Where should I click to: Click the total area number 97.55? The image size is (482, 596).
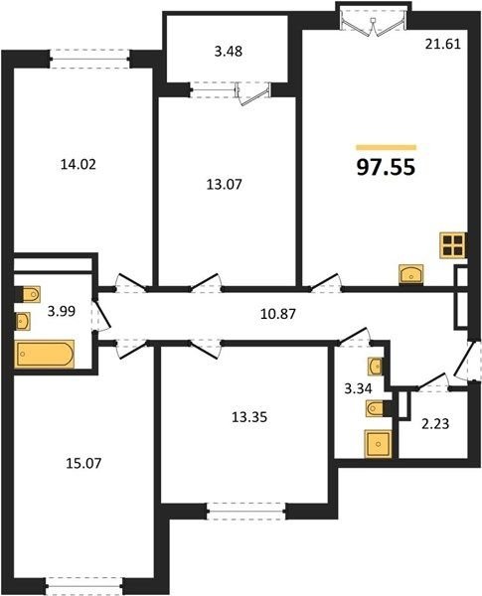click(x=386, y=168)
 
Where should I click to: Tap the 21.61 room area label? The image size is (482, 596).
click(x=443, y=45)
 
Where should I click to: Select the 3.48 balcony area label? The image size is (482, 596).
click(x=229, y=52)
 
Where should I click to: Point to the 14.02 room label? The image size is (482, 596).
click(x=79, y=165)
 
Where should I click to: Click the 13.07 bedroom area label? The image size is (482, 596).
click(x=225, y=185)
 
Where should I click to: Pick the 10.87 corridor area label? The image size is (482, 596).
click(x=278, y=314)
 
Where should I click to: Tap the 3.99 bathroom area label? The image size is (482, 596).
click(x=62, y=311)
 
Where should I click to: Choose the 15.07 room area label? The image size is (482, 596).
click(x=83, y=463)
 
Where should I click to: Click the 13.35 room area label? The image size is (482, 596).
click(x=249, y=417)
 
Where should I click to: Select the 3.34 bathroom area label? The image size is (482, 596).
click(x=358, y=389)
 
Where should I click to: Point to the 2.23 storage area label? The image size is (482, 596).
click(x=435, y=423)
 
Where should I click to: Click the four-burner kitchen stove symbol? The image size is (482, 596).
click(x=453, y=245)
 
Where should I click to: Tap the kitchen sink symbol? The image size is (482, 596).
click(x=411, y=274)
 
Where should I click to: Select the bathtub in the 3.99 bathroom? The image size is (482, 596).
click(x=44, y=354)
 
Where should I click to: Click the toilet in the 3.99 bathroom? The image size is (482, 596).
click(x=28, y=295)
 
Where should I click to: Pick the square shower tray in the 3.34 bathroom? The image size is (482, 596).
click(x=378, y=443)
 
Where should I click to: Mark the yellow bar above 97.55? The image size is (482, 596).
click(x=387, y=147)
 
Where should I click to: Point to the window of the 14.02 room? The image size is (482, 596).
click(x=89, y=59)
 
